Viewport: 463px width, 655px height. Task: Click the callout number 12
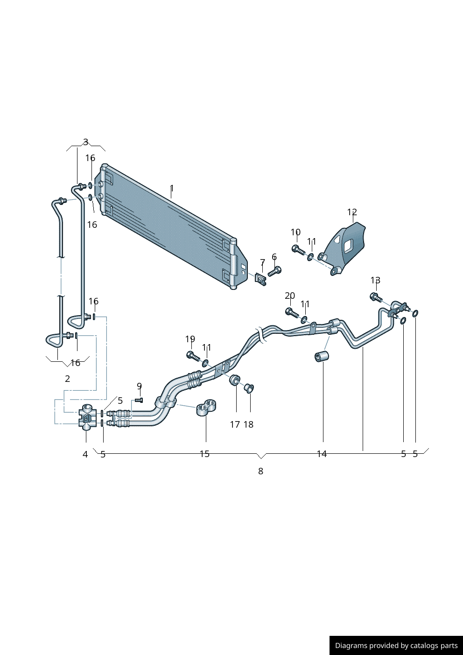(351, 212)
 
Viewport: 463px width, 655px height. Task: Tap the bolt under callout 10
(297, 249)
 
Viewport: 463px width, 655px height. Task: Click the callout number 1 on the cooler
(172, 189)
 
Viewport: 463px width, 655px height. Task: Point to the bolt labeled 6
(275, 271)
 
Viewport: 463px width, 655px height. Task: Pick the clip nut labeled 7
(260, 279)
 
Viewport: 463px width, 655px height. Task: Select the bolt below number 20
(291, 312)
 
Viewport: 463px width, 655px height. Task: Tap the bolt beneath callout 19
(192, 356)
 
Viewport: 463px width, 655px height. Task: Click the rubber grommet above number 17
(235, 380)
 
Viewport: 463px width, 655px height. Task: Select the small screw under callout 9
(139, 400)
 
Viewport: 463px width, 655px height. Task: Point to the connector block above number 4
(87, 417)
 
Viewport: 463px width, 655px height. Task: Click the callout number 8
(260, 471)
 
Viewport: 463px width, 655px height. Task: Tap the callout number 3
(85, 142)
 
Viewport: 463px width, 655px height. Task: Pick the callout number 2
(67, 379)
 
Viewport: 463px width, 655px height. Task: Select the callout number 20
(290, 296)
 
